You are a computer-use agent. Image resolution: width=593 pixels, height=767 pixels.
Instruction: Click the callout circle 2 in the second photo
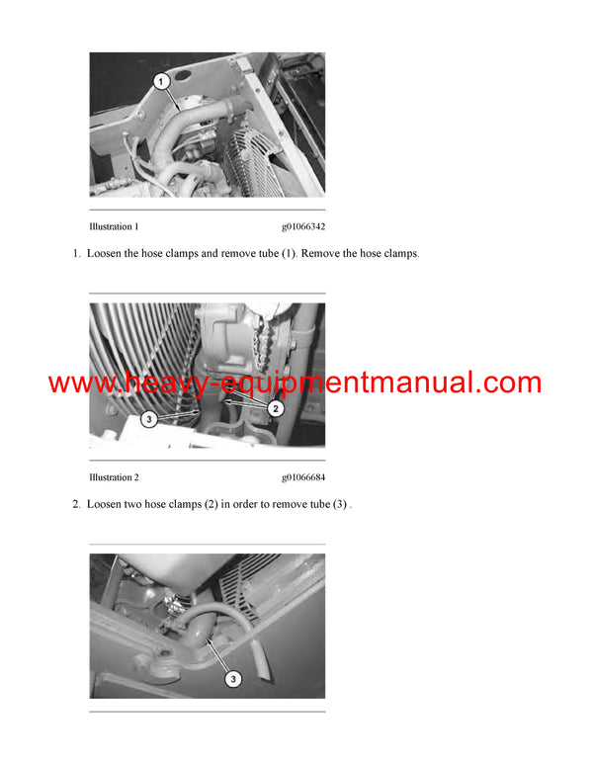[x=277, y=407]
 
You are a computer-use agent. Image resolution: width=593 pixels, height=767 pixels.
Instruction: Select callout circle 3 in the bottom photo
[x=234, y=678]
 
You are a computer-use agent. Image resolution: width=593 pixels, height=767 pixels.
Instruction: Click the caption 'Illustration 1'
[x=114, y=226]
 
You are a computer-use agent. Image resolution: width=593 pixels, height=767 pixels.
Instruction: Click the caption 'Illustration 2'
[x=114, y=477]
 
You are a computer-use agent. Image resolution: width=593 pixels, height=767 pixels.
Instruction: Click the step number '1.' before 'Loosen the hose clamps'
[x=76, y=254]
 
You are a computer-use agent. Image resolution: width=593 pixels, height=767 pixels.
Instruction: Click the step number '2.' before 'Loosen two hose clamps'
[x=76, y=505]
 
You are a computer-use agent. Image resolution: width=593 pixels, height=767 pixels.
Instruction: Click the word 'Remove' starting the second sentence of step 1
[x=323, y=254]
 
